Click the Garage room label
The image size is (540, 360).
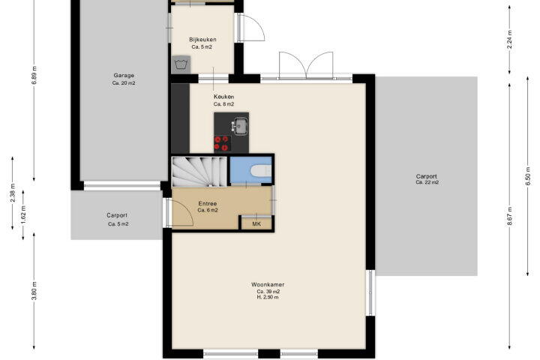click(124, 76)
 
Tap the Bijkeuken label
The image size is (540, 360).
click(202, 40)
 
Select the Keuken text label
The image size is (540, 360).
click(223, 97)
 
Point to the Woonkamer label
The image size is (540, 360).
click(268, 284)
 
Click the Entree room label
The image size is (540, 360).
click(208, 203)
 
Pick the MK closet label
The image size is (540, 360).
click(256, 224)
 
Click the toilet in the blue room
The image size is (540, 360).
click(261, 170)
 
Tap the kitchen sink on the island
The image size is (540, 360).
click(240, 126)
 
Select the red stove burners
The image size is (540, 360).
click(221, 143)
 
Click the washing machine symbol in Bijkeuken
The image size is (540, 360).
click(181, 64)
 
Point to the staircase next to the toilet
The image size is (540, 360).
click(199, 172)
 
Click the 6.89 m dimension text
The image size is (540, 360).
click(34, 75)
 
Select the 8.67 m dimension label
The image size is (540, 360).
click(510, 216)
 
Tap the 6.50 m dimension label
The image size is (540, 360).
click(527, 176)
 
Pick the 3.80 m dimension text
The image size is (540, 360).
click(34, 291)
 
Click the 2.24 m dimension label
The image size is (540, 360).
click(510, 40)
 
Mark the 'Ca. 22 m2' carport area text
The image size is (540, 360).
click(427, 182)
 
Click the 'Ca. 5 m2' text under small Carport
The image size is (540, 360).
click(118, 224)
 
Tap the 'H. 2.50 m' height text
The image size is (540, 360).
click(268, 297)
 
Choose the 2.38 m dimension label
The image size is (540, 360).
click(13, 196)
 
